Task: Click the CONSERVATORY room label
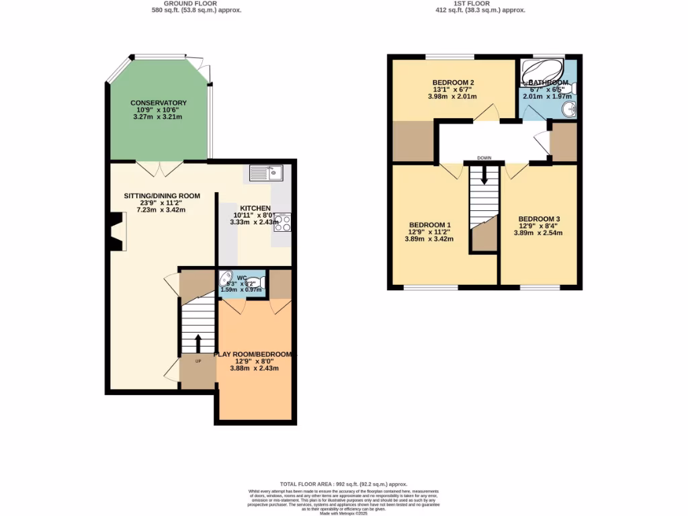(158, 103)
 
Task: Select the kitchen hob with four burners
(282, 222)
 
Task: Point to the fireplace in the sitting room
(117, 231)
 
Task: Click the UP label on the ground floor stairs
(198, 361)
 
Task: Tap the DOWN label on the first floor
(484, 159)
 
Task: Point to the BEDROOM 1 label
(429, 225)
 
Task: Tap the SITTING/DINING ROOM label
(161, 196)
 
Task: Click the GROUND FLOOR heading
(196, 3)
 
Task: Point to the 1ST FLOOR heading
(480, 3)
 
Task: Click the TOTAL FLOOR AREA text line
(343, 484)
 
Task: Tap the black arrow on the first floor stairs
(484, 176)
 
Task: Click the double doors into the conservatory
(159, 168)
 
